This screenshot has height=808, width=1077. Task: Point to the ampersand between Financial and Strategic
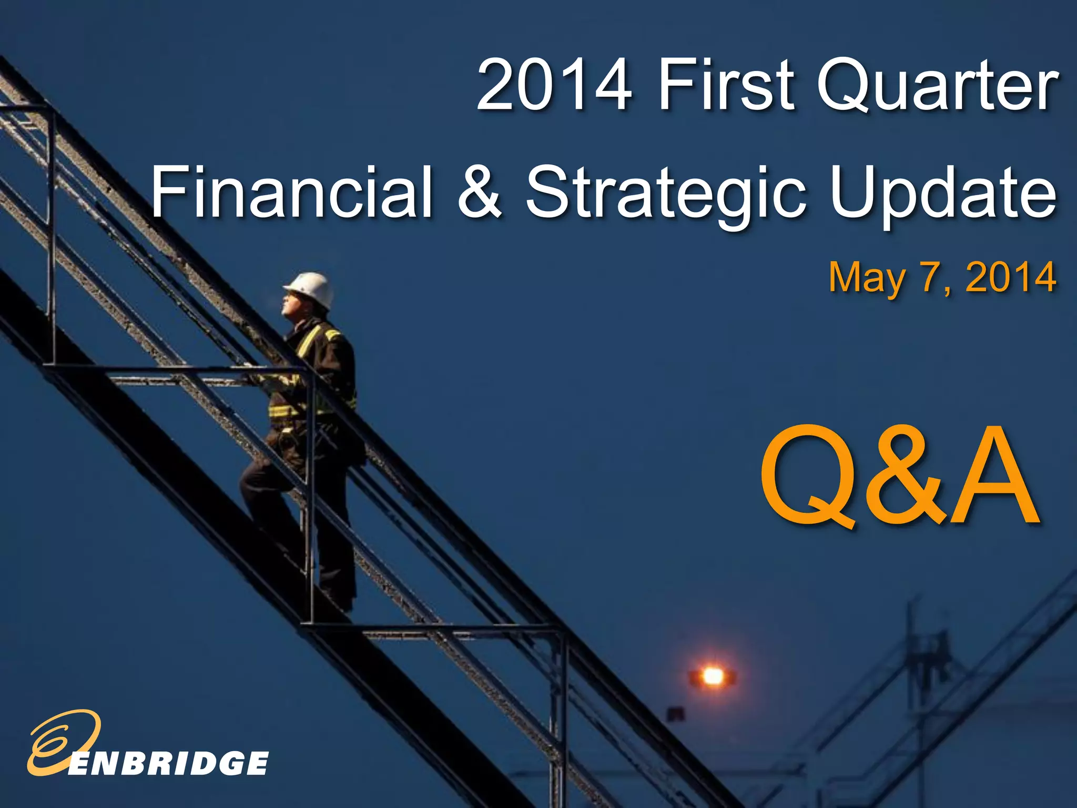(x=480, y=191)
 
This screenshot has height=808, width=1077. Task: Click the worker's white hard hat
(x=311, y=288)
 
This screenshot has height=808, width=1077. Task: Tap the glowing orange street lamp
(x=713, y=675)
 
